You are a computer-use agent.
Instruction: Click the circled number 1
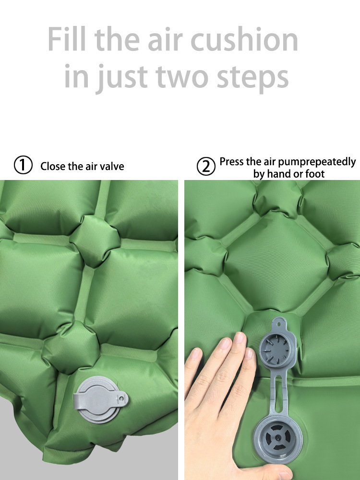(x=23, y=165)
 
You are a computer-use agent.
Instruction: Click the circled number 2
(x=206, y=166)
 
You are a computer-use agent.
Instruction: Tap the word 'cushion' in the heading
(x=244, y=39)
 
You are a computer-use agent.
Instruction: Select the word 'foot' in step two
(x=315, y=174)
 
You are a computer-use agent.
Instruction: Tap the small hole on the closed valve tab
(x=122, y=398)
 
